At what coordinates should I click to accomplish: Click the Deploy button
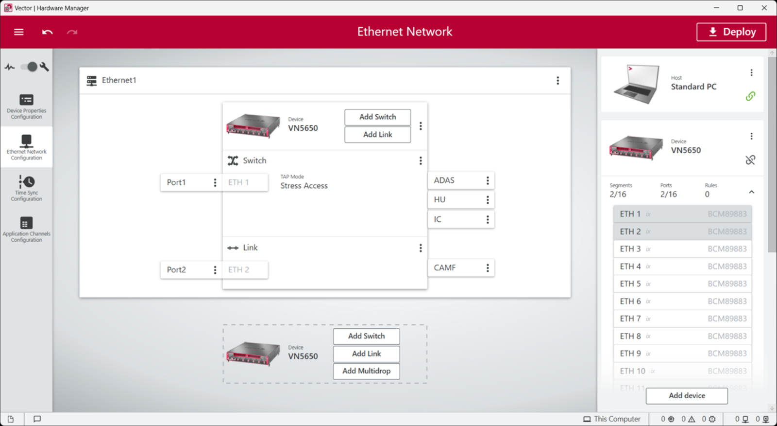[x=731, y=32]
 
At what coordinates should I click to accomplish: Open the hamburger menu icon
[x=19, y=32]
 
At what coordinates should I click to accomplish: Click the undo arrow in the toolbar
[x=47, y=32]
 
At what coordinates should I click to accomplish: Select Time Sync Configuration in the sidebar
[x=27, y=188]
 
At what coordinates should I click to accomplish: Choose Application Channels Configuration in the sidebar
[x=27, y=229]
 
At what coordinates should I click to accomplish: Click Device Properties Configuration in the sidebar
[x=27, y=106]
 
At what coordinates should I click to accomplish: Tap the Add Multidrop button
[x=366, y=371]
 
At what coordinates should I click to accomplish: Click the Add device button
[x=686, y=396]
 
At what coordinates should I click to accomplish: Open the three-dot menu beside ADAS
[x=488, y=180]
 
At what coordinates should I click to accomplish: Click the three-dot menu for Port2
[x=215, y=270]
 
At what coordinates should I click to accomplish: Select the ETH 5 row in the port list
[x=682, y=284]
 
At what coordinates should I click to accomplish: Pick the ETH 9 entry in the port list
[x=682, y=354]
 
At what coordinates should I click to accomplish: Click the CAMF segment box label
[x=445, y=268]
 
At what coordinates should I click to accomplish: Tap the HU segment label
[x=440, y=200]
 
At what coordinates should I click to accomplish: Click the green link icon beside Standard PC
[x=750, y=96]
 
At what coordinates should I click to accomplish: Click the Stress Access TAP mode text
[x=304, y=186]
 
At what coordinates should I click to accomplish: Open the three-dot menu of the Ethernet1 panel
[x=557, y=81]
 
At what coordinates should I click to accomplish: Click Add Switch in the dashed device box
[x=366, y=336]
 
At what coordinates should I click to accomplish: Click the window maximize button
[x=740, y=8]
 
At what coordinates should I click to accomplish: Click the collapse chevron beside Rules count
[x=751, y=192]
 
